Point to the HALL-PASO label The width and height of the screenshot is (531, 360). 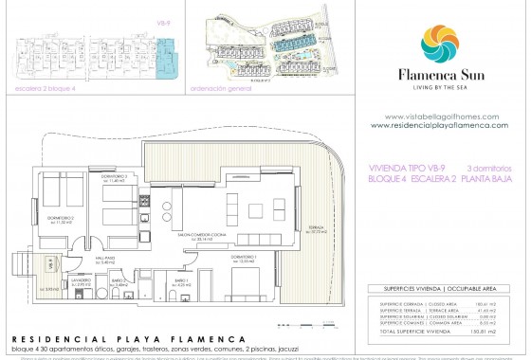[x=105, y=258]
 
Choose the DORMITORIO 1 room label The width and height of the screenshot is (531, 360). [x=246, y=258]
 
